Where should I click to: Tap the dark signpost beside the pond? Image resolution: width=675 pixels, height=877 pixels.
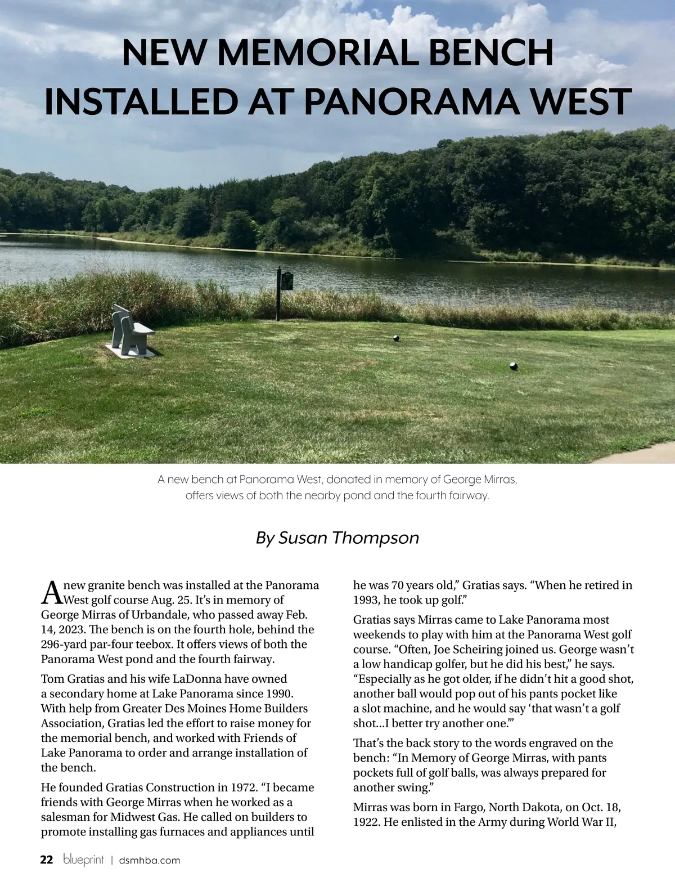(280, 293)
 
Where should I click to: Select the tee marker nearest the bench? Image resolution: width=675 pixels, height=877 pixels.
(396, 338)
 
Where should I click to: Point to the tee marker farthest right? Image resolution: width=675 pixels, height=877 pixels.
(513, 366)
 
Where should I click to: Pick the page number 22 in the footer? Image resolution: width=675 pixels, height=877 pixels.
(47, 860)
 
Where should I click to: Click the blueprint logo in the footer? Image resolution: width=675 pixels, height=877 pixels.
(83, 860)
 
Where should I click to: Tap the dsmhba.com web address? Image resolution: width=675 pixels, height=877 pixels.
(150, 860)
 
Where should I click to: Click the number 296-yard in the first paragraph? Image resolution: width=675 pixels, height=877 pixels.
(67, 644)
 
